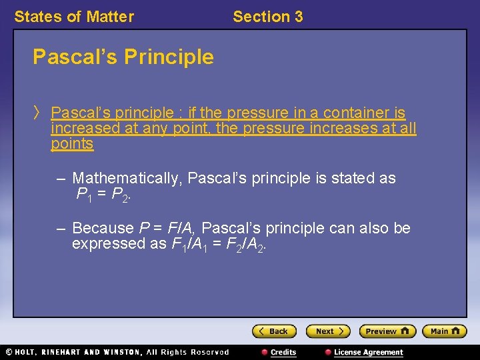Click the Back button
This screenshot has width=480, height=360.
point(273,331)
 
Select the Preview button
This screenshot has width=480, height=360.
point(387,331)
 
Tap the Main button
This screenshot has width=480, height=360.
point(444,331)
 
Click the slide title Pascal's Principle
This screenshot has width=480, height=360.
point(123,57)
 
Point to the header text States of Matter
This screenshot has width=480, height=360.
point(74,17)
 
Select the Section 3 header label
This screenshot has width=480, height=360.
point(267,17)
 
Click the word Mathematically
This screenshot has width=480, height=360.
point(127,179)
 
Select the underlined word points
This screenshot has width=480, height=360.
point(72,143)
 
